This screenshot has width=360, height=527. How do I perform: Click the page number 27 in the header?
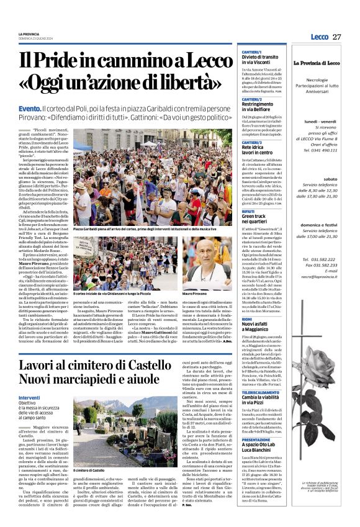click(337, 37)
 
